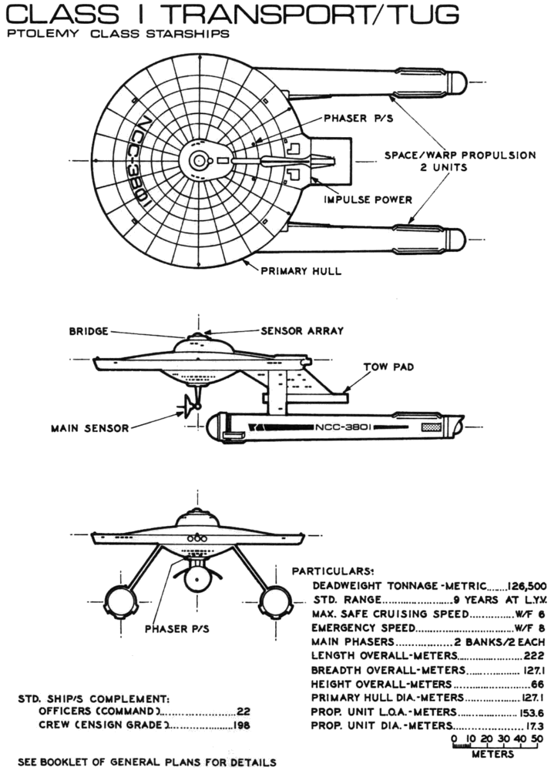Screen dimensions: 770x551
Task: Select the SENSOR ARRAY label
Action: pyautogui.click(x=302, y=331)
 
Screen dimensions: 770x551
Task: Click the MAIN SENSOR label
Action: pyautogui.click(x=90, y=428)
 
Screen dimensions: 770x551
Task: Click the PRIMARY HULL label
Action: pyautogui.click(x=301, y=271)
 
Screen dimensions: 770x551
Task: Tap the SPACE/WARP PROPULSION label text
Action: pyautogui.click(x=460, y=155)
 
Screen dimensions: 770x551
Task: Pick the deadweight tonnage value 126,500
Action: pyautogui.click(x=527, y=586)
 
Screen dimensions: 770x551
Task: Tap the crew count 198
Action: pyautogui.click(x=242, y=725)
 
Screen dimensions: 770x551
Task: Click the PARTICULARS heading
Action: pyautogui.click(x=332, y=572)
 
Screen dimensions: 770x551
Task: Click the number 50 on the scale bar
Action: pyautogui.click(x=538, y=740)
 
